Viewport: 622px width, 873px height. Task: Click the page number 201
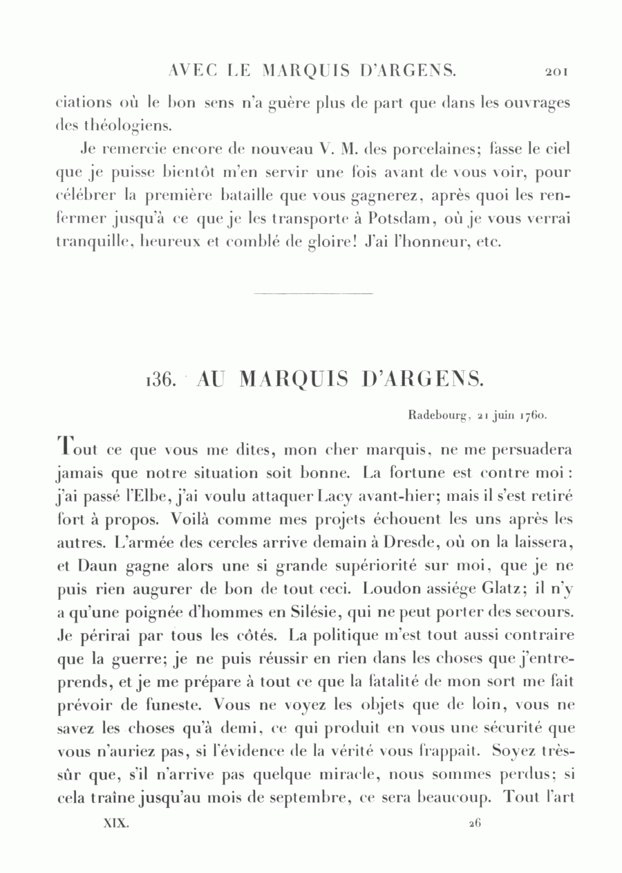(556, 71)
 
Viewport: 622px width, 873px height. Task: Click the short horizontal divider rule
(313, 294)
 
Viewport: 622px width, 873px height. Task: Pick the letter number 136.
(163, 380)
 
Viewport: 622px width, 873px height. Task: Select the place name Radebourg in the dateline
(439, 416)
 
